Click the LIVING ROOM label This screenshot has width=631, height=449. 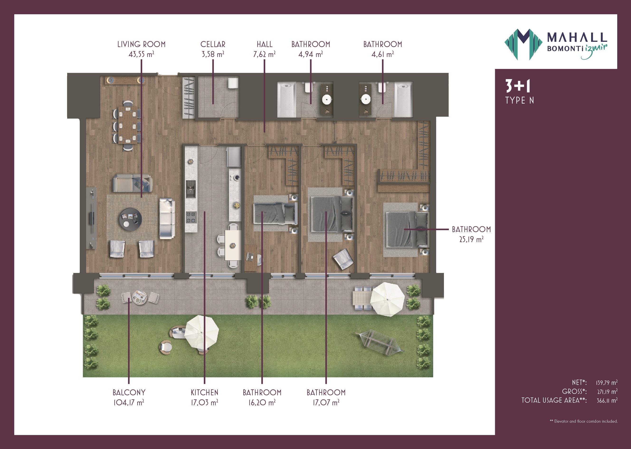(x=141, y=44)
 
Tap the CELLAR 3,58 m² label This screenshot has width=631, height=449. (x=213, y=49)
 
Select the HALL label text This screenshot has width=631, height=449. (x=265, y=44)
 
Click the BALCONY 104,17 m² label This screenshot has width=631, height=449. (x=129, y=397)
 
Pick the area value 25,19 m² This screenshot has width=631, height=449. (x=471, y=239)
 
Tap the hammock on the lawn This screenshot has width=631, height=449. (x=379, y=343)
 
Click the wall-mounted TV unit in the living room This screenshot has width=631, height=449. (x=91, y=218)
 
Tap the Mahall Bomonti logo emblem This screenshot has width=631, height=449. (x=523, y=44)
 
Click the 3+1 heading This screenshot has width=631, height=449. (x=518, y=86)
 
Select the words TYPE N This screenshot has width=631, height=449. (x=519, y=100)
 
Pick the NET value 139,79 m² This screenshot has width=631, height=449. (x=606, y=383)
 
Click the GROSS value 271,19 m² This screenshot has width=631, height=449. (x=607, y=392)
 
